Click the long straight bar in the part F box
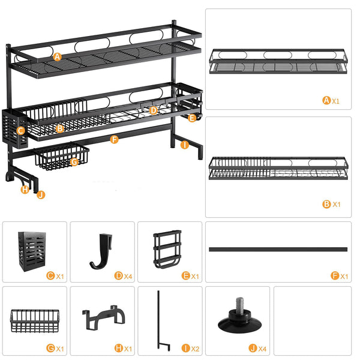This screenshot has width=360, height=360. pyautogui.click(x=278, y=248)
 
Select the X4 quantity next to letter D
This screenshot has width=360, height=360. pyautogui.click(x=128, y=276)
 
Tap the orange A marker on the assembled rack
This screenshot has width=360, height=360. pyautogui.click(x=58, y=57)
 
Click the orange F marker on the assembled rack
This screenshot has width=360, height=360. pyautogui.click(x=115, y=140)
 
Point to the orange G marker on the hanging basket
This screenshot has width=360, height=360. pyautogui.click(x=74, y=161)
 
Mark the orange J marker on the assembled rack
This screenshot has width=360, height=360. pyautogui.click(x=40, y=194)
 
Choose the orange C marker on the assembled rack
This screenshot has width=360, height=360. pyautogui.click(x=20, y=130)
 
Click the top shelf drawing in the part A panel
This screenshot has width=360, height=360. pyautogui.click(x=278, y=61)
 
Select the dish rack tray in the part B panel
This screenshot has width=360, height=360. pyautogui.click(x=278, y=168)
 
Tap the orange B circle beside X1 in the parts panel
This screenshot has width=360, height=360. pyautogui.click(x=326, y=204)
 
